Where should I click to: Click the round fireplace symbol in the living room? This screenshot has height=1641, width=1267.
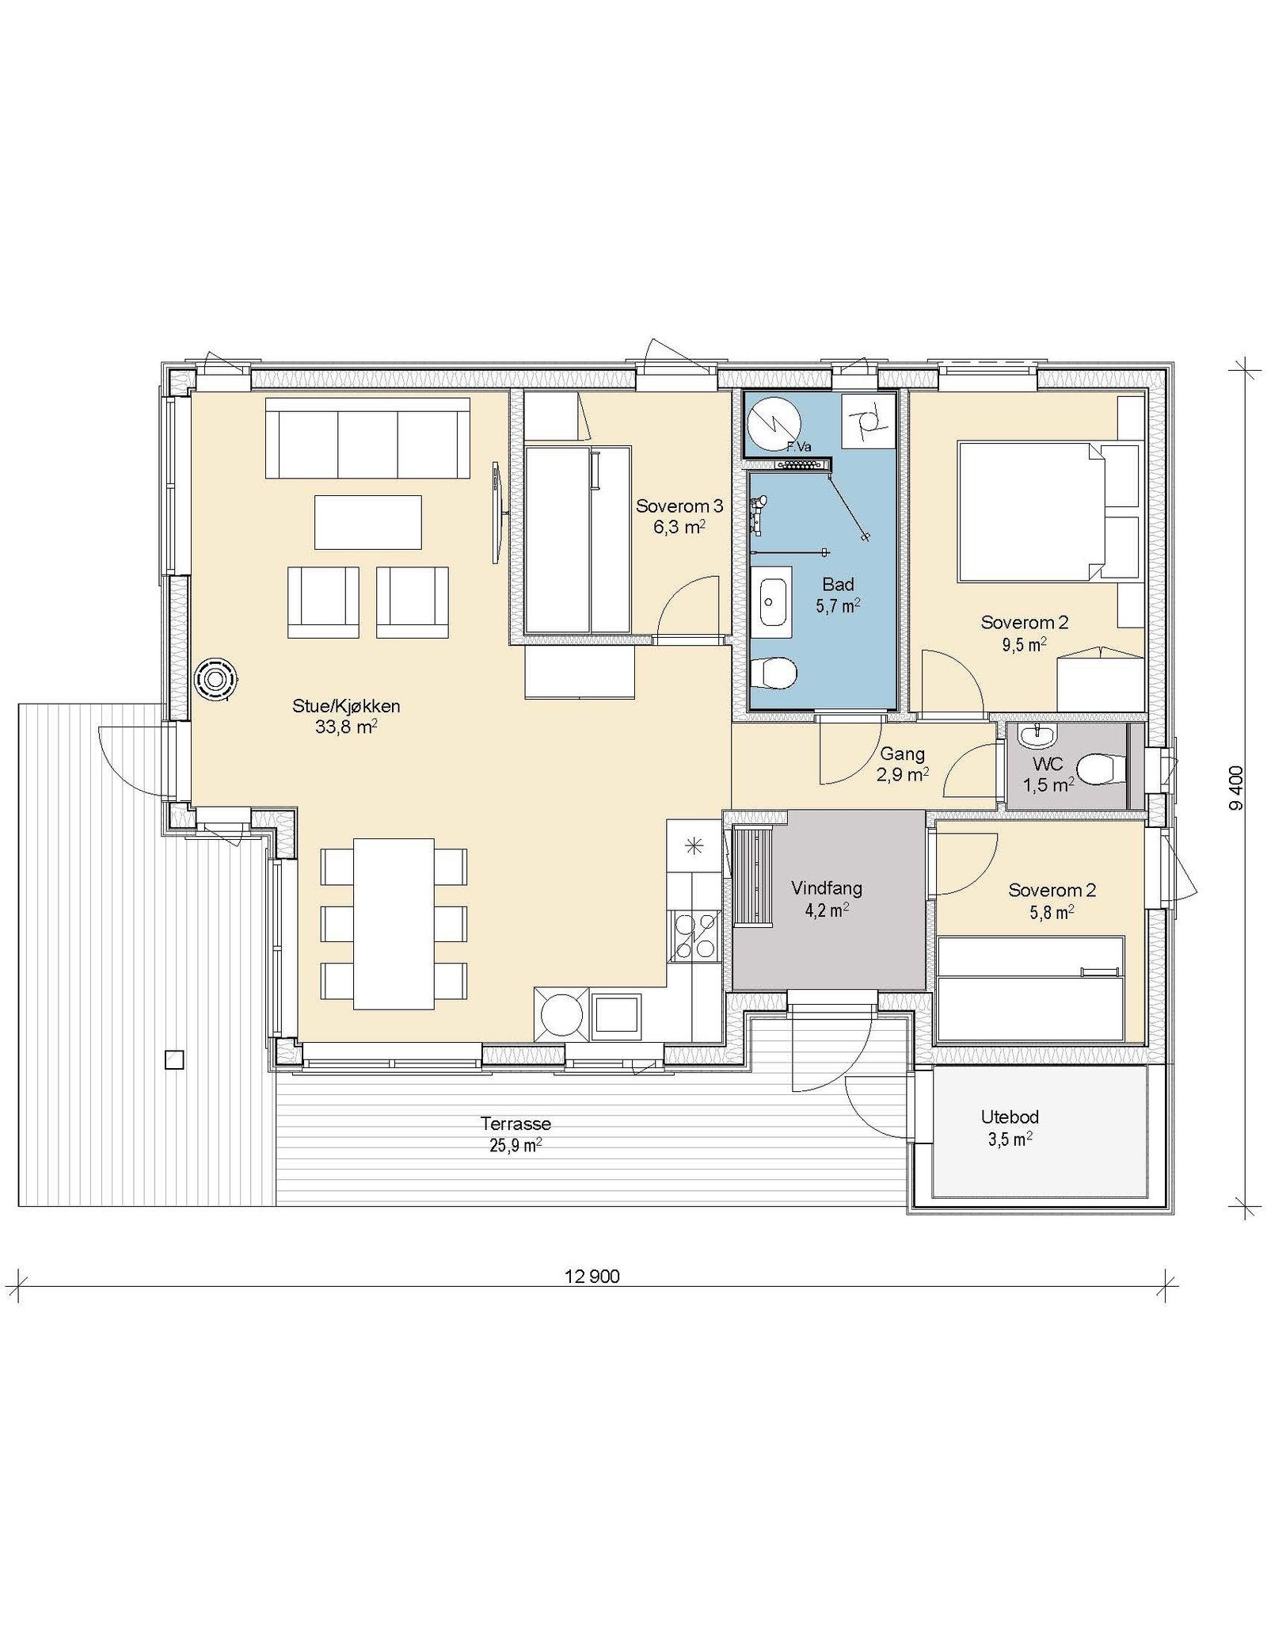click(x=215, y=680)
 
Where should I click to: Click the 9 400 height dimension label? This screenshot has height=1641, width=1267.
click(x=1237, y=788)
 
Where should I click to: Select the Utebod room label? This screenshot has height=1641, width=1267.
click(x=1010, y=1117)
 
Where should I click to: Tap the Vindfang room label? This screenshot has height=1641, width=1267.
click(x=826, y=888)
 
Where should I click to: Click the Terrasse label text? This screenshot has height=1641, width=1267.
click(x=516, y=1124)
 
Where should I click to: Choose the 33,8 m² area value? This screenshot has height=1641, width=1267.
click(x=345, y=727)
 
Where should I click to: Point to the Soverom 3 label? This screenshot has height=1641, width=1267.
click(x=679, y=506)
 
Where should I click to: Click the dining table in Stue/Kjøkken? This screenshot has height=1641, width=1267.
click(x=394, y=924)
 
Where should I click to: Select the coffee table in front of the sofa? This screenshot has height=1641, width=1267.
click(x=368, y=521)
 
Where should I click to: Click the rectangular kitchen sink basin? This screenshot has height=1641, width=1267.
click(x=617, y=1013)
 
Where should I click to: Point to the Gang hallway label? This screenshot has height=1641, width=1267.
click(x=902, y=754)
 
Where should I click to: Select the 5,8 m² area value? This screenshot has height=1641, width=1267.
click(x=1052, y=912)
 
